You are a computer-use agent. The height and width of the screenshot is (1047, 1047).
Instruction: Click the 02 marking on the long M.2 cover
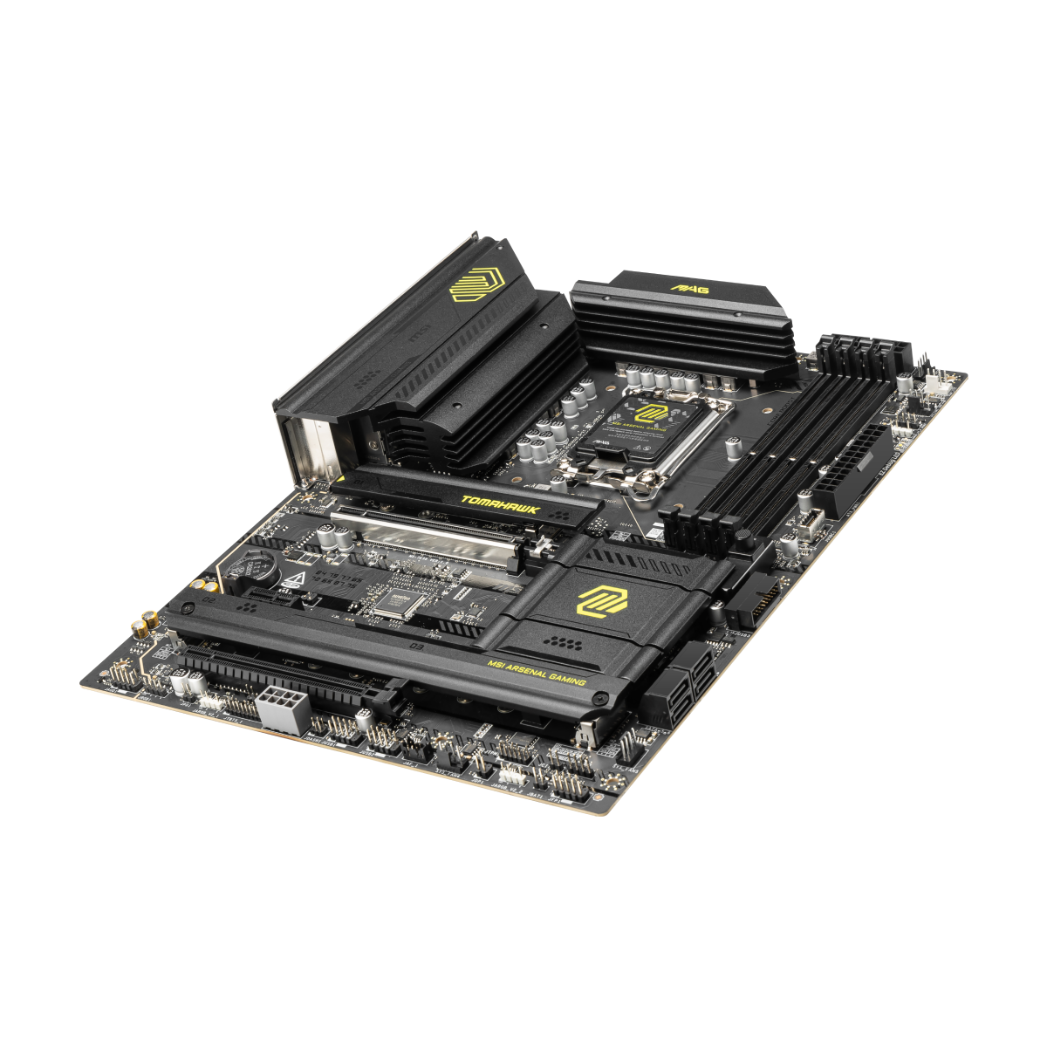[185, 601]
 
